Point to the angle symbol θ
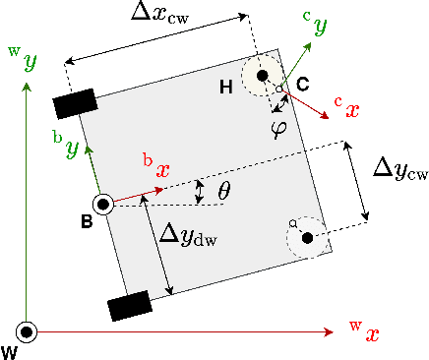coord(223,191)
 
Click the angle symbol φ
coord(278,128)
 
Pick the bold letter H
coord(226,89)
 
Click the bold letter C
coord(303,85)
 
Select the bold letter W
coord(10,351)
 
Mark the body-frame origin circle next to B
coord(102,204)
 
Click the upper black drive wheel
coord(75,103)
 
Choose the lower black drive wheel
coord(131,305)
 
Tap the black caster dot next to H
coord(263,77)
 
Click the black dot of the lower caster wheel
coord(308,236)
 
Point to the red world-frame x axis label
coord(365,331)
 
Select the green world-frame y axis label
coord(27,63)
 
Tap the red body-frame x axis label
coord(156,164)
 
